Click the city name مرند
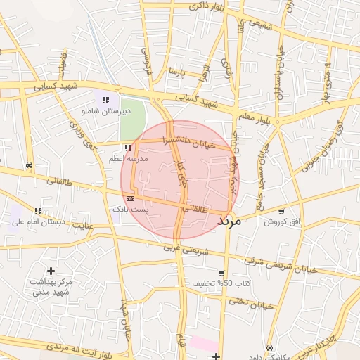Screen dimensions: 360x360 (x=229, y=220)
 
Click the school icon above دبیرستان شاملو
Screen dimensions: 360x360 (x=105, y=101)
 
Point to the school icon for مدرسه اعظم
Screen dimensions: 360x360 (x=127, y=148)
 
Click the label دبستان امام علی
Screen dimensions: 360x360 (x=38, y=222)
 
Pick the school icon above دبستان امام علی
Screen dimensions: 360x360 (x=38, y=211)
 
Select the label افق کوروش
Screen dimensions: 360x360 (x=281, y=222)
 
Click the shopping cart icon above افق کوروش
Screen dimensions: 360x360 (x=281, y=212)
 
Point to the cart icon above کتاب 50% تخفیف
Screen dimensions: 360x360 (x=221, y=274)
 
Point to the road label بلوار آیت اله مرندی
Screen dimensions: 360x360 (x=77, y=347)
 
